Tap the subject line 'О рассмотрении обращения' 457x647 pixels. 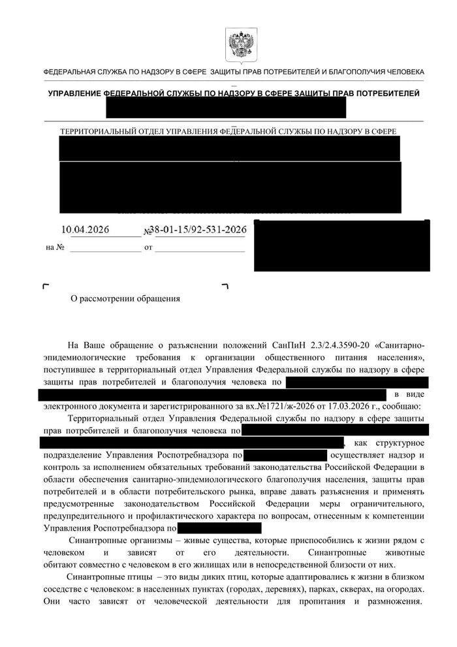click(x=124, y=299)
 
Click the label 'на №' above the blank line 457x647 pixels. click(x=55, y=248)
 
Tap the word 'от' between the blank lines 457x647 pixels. click(x=148, y=248)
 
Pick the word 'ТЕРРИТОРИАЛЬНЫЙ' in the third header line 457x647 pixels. click(x=97, y=131)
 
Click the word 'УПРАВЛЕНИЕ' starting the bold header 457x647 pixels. click(x=75, y=94)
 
